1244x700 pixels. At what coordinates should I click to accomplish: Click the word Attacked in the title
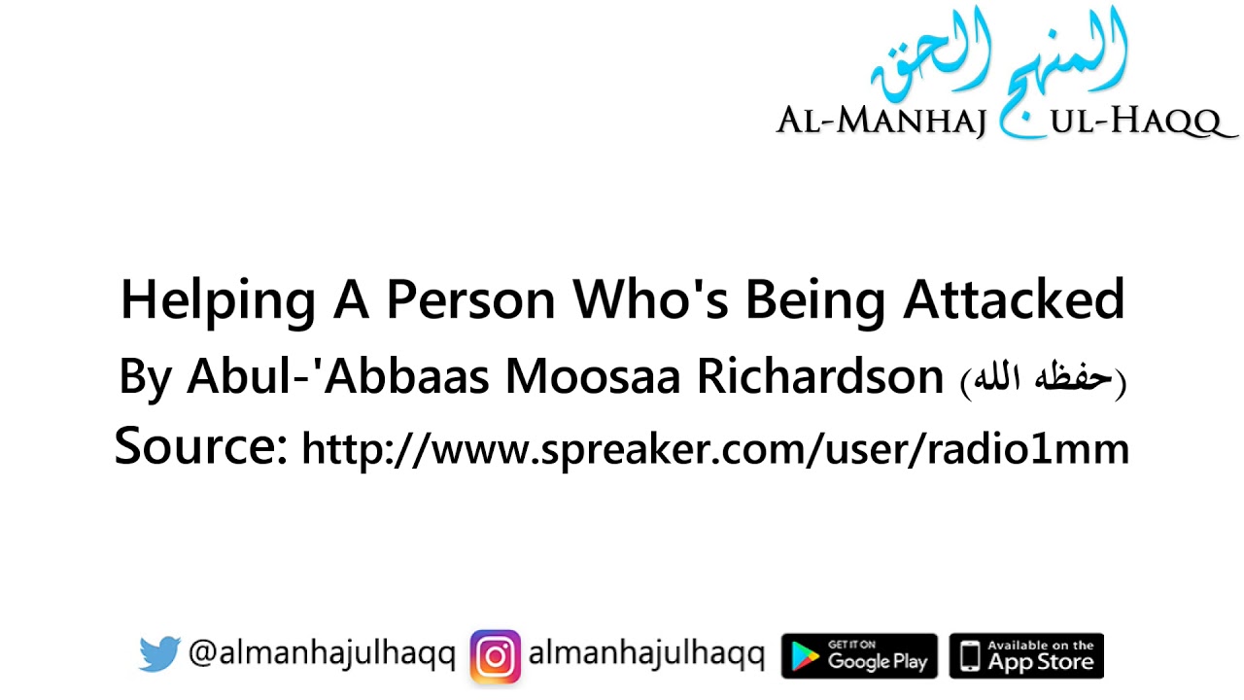1014,300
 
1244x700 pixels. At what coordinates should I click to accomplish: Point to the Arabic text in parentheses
1043,379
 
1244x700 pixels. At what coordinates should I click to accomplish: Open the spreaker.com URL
715,449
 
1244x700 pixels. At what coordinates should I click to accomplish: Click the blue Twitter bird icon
159,654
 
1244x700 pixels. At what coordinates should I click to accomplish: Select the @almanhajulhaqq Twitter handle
322,654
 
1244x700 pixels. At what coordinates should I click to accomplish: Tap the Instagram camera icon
496,656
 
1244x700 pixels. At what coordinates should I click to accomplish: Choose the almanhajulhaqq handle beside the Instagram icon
646,654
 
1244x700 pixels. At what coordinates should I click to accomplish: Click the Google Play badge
859,656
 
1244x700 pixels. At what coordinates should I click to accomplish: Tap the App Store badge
1026,656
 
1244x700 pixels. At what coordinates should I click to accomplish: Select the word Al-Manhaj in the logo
881,122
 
